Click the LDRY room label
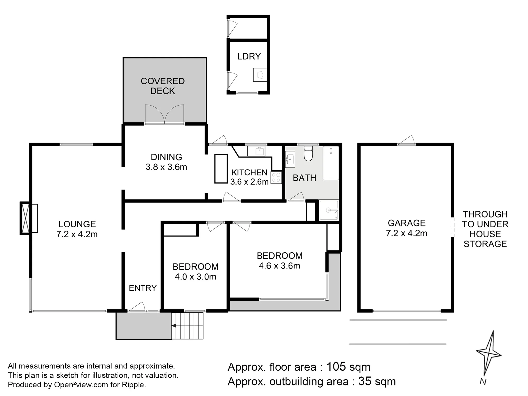(249, 56)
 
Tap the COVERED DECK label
(163, 86)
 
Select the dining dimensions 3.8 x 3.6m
(166, 167)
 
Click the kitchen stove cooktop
(276, 177)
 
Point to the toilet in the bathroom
(308, 154)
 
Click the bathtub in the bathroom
(331, 163)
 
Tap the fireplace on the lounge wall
(29, 218)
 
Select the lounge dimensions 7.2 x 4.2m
(77, 234)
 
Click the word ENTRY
(143, 288)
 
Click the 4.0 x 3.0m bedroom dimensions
(196, 277)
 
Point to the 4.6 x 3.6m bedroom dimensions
(280, 266)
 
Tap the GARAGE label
(407, 223)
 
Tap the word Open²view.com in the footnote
(81, 385)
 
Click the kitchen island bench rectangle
(221, 169)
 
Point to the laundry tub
(260, 75)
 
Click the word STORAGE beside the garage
(485, 244)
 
